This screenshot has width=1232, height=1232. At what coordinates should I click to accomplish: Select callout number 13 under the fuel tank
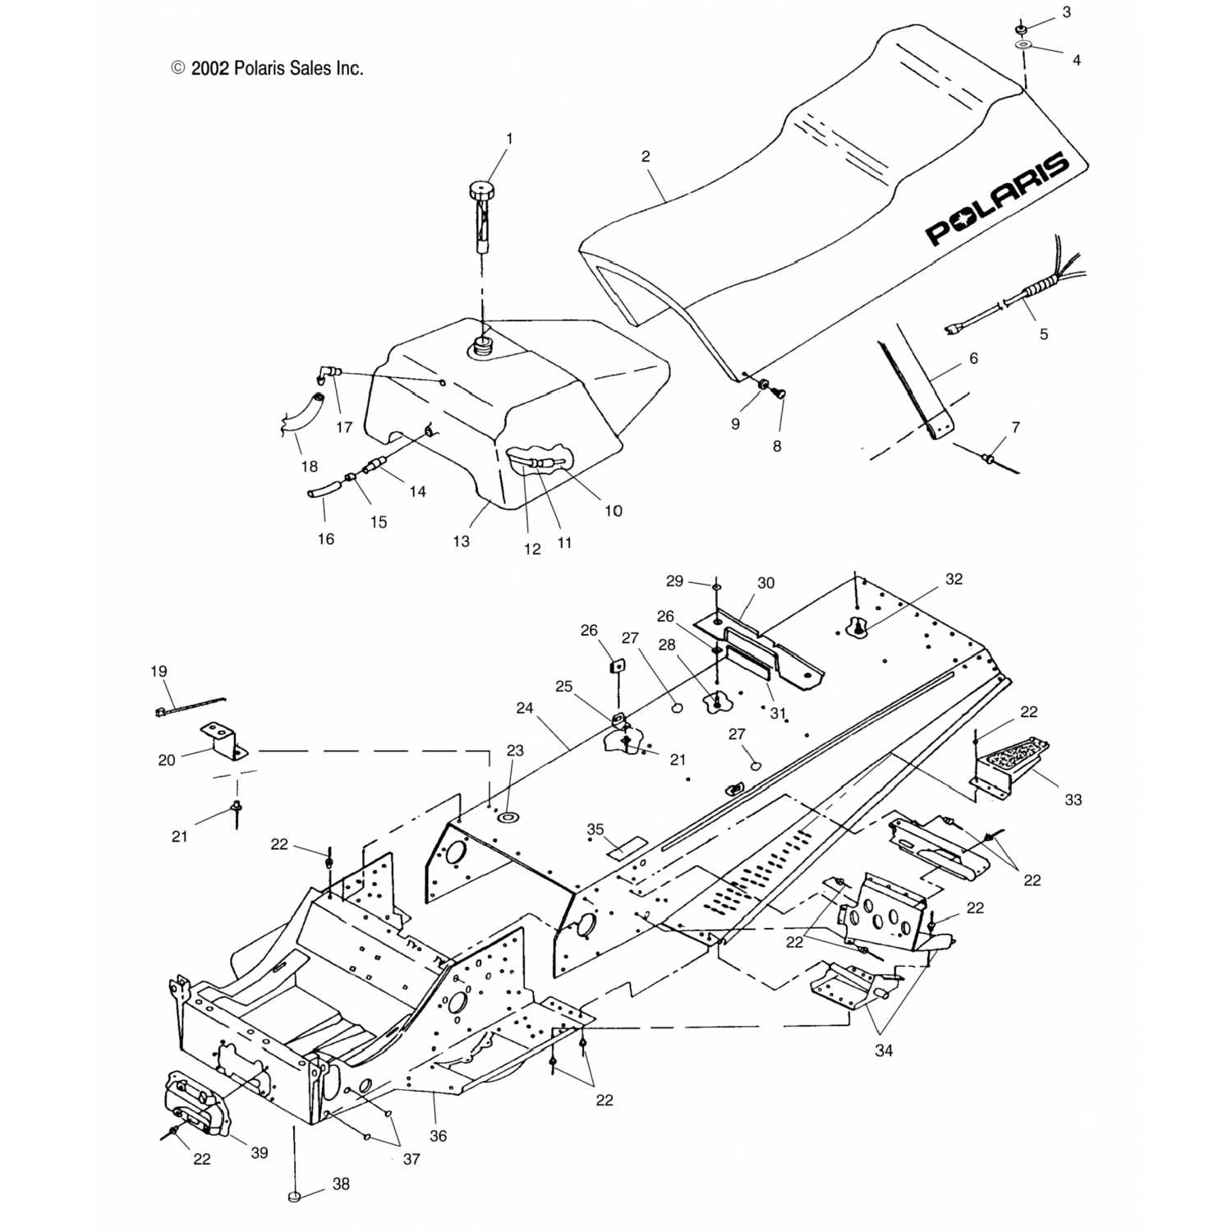[462, 541]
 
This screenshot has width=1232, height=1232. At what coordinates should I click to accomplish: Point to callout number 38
[341, 1184]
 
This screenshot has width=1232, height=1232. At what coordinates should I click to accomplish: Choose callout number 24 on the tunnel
[524, 706]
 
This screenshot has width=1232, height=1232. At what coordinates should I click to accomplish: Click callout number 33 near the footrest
[1073, 799]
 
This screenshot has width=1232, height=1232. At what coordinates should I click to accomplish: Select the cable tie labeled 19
[189, 705]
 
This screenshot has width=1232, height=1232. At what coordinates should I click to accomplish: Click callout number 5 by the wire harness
[1044, 334]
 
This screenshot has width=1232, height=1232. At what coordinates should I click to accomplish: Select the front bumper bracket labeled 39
[197, 1105]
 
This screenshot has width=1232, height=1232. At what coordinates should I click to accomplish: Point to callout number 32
[954, 579]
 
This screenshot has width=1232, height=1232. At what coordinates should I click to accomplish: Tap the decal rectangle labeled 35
[626, 846]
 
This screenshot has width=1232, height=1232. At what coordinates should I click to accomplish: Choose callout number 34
[884, 1050]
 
